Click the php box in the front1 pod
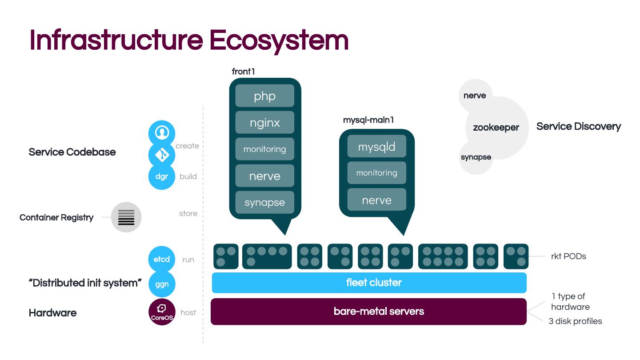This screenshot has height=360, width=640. pyautogui.click(x=264, y=96)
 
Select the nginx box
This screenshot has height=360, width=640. pyautogui.click(x=264, y=123)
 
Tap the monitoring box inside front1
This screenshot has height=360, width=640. pyautogui.click(x=264, y=149)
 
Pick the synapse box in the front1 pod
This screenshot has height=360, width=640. pyautogui.click(x=264, y=203)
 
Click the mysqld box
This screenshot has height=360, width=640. pyautogui.click(x=376, y=147)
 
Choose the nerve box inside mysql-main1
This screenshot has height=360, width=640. pyautogui.click(x=376, y=200)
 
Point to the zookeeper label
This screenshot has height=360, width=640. pyautogui.click(x=496, y=128)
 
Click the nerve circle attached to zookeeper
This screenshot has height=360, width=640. pyautogui.click(x=475, y=96)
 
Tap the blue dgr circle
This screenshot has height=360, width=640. pyautogui.click(x=161, y=176)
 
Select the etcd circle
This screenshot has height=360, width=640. pyautogui.click(x=161, y=259)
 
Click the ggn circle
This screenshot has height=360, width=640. pyautogui.click(x=161, y=284)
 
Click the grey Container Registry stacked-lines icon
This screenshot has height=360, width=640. pyautogui.click(x=126, y=217)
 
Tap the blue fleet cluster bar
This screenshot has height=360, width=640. pyautogui.click(x=369, y=283)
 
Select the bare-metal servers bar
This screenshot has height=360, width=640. pyautogui.click(x=369, y=311)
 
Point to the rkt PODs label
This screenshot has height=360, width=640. pyautogui.click(x=568, y=256)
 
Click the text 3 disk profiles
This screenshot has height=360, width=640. pyautogui.click(x=575, y=321)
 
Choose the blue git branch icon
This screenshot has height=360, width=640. pyautogui.click(x=161, y=155)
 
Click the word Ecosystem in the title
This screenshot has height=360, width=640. pyautogui.click(x=279, y=40)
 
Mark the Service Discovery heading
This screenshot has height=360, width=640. pyautogui.click(x=578, y=127)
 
